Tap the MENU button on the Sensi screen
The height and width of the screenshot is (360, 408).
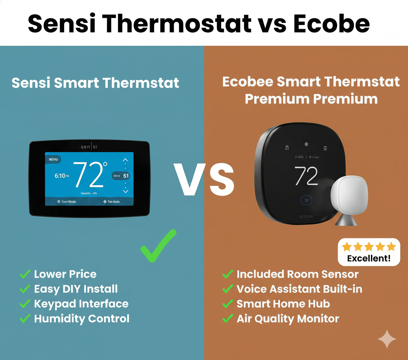54,159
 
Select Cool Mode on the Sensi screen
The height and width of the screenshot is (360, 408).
67,202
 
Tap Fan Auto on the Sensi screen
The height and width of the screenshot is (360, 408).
111,202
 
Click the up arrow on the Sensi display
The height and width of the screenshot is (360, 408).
125,160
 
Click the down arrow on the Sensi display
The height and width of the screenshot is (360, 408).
125,191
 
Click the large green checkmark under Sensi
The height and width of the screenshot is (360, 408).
158,246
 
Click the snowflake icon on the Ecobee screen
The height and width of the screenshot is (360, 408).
306,144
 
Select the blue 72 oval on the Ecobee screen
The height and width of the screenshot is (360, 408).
306,200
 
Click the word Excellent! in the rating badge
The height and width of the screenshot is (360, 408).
369,258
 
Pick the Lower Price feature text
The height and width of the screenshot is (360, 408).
65,274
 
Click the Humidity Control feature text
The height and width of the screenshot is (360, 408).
82,319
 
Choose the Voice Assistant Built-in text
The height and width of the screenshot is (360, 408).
299,289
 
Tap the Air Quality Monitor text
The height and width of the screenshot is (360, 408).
288,319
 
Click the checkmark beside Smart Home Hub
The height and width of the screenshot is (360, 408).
227,304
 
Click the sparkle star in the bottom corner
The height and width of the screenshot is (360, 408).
387,339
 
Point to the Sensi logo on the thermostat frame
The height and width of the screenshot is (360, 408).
89,147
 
